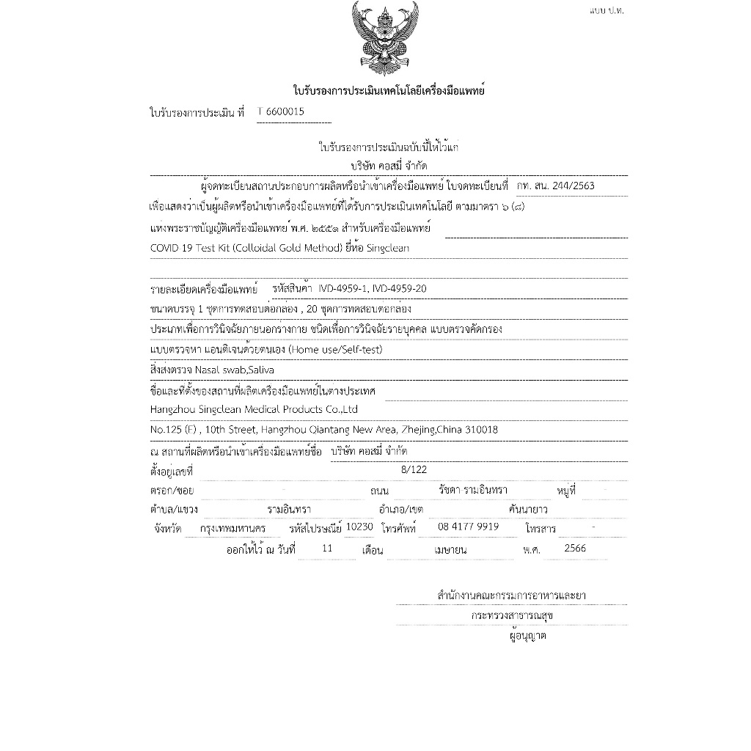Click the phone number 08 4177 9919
[468, 527]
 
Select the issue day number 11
[327, 548]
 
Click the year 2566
[575, 548]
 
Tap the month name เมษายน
[452, 549]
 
